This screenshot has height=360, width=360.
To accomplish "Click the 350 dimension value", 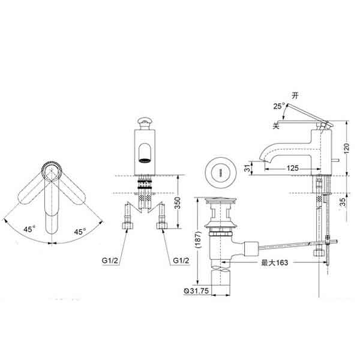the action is pos(178,203).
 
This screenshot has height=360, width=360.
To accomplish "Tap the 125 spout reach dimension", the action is pos(293,168).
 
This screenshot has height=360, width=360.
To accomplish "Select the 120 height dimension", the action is pos(346,148).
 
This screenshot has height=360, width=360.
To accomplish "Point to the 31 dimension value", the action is pos(247,168).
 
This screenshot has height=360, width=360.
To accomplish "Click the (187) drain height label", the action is pos(197,239).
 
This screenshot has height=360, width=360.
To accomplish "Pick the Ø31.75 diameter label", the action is pos(196,291).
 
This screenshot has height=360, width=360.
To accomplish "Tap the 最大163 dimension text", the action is pos(275,262).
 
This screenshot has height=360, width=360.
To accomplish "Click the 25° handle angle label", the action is pos(279,106).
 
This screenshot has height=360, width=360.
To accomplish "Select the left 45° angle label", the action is pos(29,229).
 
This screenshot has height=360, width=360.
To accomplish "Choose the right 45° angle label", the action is pos(80,232).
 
